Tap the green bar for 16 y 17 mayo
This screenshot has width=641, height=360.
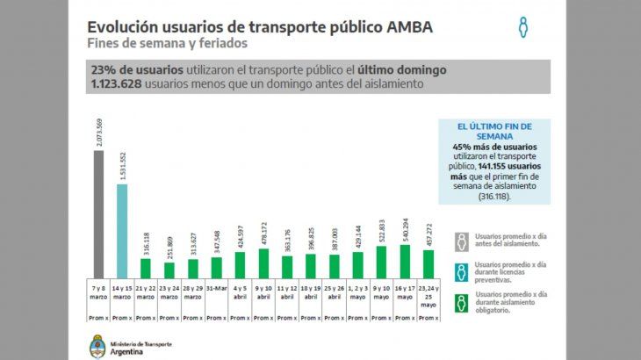pos(404,261)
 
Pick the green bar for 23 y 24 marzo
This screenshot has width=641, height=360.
pos(169,270)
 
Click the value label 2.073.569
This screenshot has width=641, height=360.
pos(99,131)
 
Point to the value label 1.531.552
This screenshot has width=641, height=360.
pos(123,164)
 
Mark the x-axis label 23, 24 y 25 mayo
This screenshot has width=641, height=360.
pos(428,295)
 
